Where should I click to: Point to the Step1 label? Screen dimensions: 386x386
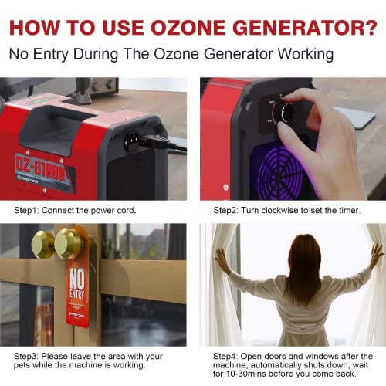click(x=29, y=209)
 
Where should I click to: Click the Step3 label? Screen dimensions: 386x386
click(x=29, y=355)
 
